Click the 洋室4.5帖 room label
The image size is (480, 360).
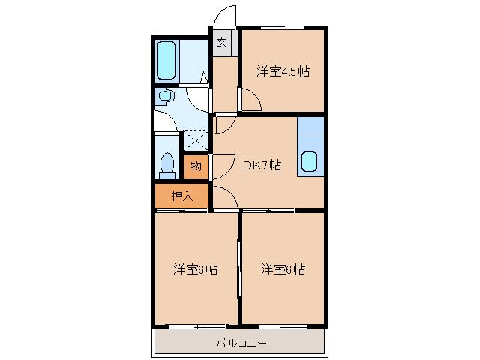point(283,72)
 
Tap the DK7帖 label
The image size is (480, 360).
point(261,166)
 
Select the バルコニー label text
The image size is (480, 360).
point(241,343)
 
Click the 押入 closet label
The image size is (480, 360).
point(181,196)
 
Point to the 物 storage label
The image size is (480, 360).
point(196,166)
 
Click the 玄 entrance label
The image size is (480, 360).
point(222,42)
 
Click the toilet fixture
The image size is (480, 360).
point(168,164)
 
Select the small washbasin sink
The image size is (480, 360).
point(165,95)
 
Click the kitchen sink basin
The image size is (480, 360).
point(310,160)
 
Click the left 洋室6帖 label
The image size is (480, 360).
point(196,269)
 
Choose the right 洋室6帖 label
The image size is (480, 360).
point(283,269)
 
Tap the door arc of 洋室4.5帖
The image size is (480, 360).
point(250,98)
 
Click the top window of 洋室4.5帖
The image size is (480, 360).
point(283,28)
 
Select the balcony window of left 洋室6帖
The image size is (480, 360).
point(196,326)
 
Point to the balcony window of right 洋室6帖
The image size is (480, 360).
point(283,326)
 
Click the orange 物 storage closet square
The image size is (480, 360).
point(196,166)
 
